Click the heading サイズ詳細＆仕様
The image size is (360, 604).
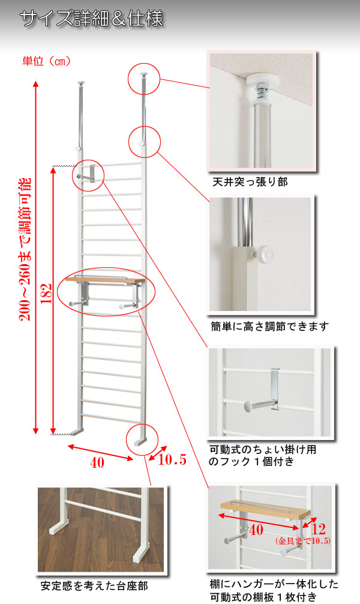[92, 19]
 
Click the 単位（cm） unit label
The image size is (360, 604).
[47, 61]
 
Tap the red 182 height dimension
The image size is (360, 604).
[47, 294]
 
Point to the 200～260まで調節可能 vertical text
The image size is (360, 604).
[25, 249]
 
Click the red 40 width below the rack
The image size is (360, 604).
[97, 462]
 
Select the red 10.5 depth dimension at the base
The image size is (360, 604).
[172, 459]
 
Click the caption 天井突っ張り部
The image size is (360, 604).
[250, 182]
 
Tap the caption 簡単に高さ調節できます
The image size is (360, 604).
[270, 327]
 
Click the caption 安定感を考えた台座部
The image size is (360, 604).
[94, 586]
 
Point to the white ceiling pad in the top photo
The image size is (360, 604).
[262, 82]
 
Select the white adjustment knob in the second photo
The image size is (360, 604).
[265, 254]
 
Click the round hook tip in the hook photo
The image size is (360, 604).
[248, 405]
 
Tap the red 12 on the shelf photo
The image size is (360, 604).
[318, 529]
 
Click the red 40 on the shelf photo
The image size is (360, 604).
[256, 530]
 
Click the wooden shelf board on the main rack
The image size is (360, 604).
[105, 280]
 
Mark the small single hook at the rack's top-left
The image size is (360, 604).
[86, 174]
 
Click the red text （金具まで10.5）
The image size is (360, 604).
[303, 541]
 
